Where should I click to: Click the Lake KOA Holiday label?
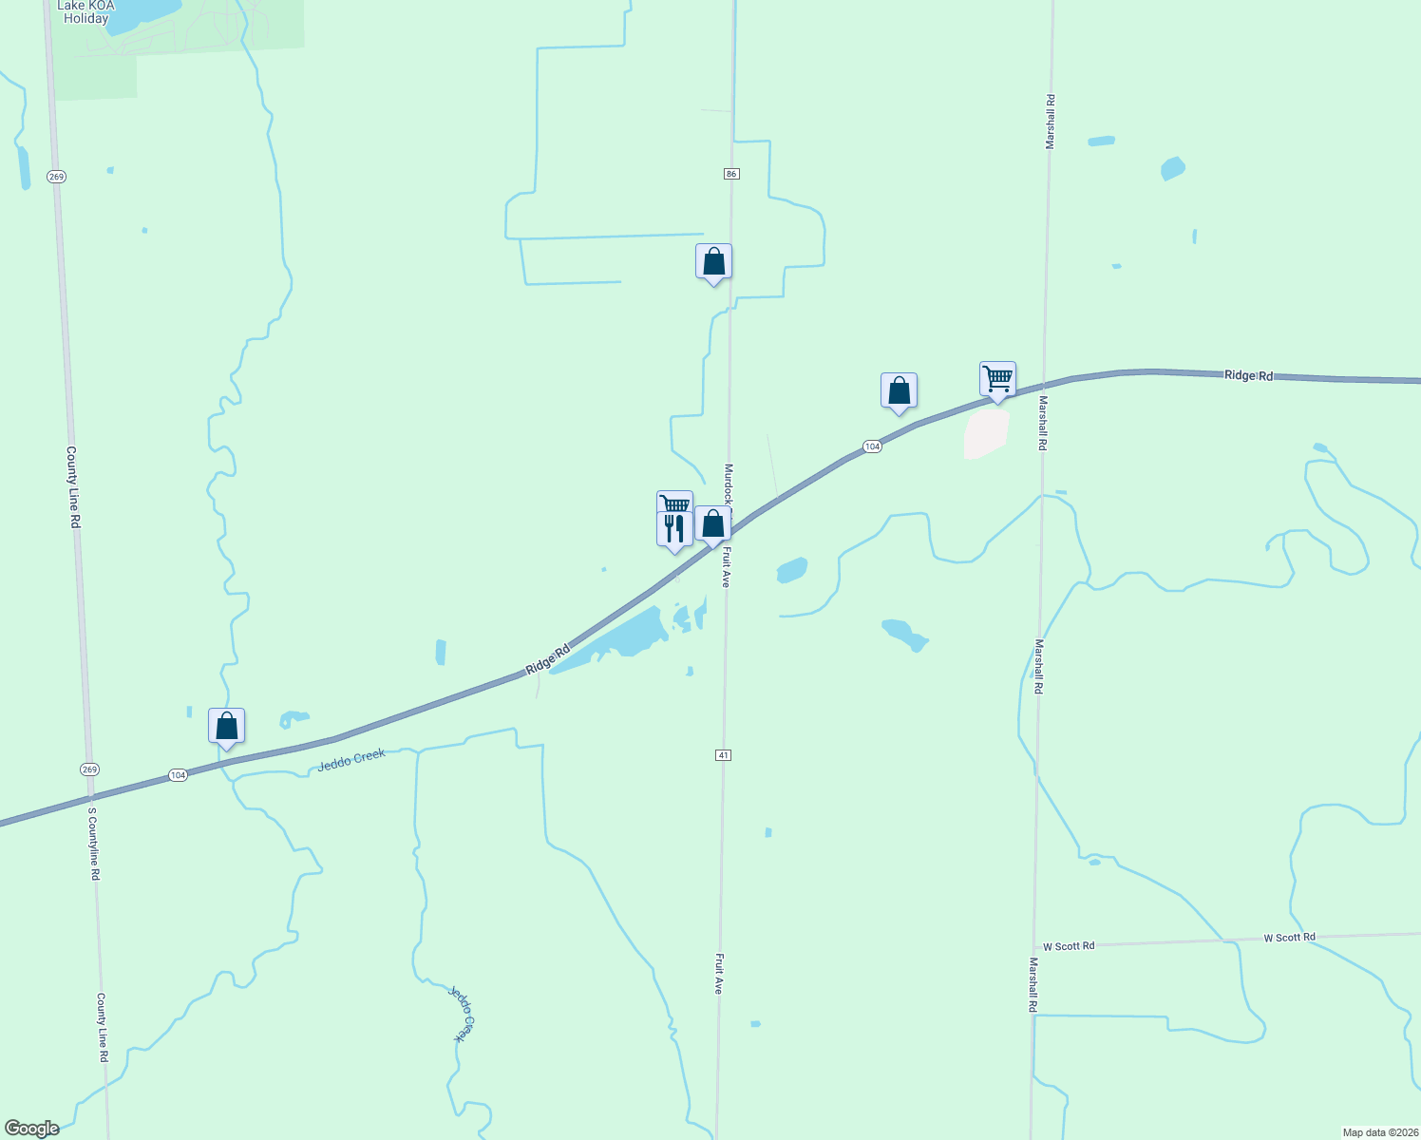[x=85, y=12]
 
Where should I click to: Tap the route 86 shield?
[x=730, y=174]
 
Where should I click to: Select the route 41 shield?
[x=724, y=755]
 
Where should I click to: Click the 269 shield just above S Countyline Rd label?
[x=89, y=769]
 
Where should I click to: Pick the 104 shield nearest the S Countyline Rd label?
[x=178, y=775]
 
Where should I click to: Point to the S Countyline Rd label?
[x=93, y=844]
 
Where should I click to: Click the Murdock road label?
[x=729, y=484]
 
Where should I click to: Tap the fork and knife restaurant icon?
[x=673, y=529]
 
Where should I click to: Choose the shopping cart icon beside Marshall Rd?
[x=997, y=379]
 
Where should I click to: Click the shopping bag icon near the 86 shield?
[x=713, y=261]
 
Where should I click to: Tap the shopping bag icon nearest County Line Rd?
[x=226, y=727]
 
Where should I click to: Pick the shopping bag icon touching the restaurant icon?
[x=712, y=524]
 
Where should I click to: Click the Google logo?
[x=32, y=1129]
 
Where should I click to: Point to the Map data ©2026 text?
[x=1379, y=1132]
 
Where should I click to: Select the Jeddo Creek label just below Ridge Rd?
[x=351, y=760]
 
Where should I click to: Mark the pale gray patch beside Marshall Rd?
[x=986, y=433]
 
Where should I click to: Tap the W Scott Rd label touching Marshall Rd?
[x=1069, y=946]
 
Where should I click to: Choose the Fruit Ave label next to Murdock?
[x=726, y=566]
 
